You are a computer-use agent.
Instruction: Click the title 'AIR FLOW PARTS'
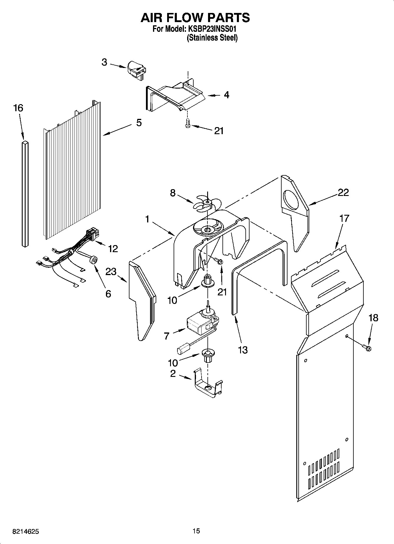pos(195,18)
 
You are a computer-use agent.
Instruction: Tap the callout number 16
pos(18,108)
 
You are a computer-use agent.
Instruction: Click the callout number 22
pos(343,192)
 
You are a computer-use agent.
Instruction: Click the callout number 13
pos(243,350)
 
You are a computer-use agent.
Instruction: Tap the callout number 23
pos(111,271)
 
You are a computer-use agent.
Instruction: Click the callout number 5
pos(139,122)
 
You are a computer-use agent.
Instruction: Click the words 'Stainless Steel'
pos(212,38)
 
